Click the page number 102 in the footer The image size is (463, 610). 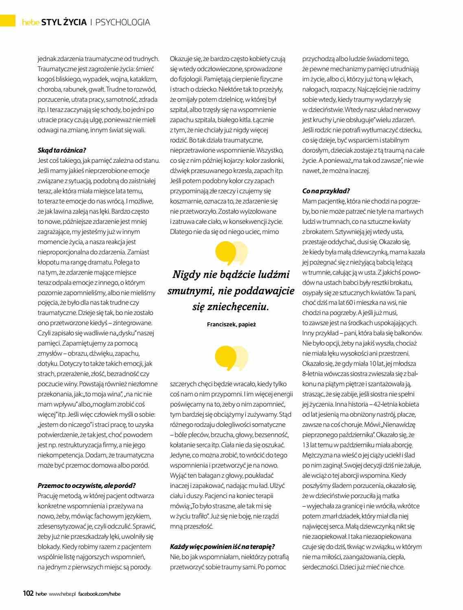28,594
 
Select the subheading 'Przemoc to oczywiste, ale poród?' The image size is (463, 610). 86,485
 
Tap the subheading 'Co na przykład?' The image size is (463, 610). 326,191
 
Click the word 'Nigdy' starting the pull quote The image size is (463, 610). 186,275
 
